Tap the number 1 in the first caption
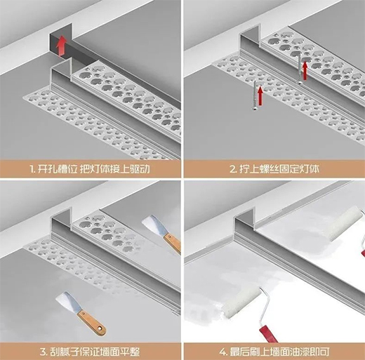(x=32, y=169)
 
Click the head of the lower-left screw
(x=255, y=109)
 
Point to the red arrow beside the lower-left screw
(x=260, y=96)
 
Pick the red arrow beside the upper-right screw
(x=305, y=70)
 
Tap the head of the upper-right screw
(x=299, y=82)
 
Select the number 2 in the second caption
(x=232, y=169)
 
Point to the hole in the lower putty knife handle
(x=101, y=328)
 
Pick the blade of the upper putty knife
(x=154, y=224)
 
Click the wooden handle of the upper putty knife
(x=173, y=243)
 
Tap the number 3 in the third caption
(x=43, y=352)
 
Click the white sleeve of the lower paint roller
(x=241, y=302)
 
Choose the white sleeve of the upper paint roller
(x=345, y=223)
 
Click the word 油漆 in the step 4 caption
(x=299, y=352)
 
